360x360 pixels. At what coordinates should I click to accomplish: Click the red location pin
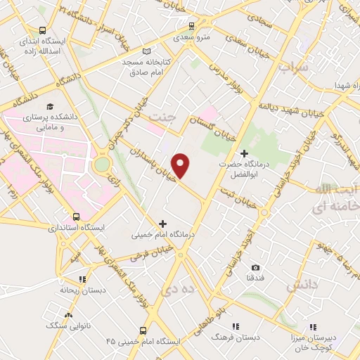coord(181,165)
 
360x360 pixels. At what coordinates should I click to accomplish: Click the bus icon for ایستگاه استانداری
coord(76,217)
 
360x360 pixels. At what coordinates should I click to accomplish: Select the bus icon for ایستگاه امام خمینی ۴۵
coord(143,330)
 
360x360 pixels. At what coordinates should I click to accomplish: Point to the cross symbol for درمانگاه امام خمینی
coord(163,224)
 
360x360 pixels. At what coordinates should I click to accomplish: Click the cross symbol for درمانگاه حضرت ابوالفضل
coord(245,153)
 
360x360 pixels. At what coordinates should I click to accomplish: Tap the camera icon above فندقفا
coord(255,267)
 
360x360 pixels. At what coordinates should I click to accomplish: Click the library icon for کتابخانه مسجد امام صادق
coord(146,51)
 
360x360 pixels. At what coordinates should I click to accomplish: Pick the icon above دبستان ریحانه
coord(83,278)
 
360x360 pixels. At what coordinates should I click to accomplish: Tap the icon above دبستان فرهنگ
coord(235,326)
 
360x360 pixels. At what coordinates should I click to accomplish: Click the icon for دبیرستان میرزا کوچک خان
coord(313,328)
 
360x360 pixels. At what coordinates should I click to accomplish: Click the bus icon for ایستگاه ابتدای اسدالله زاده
coord(43,31)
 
